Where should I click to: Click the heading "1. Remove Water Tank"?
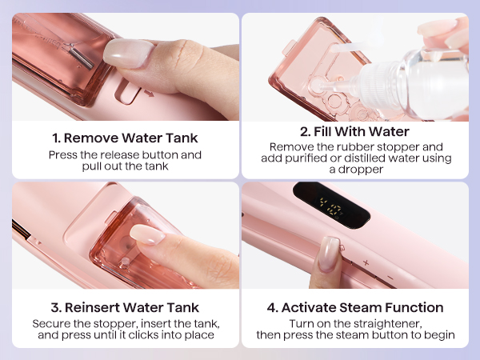(125, 138)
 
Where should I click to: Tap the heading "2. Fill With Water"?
(354, 132)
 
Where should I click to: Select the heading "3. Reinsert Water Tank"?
(125, 307)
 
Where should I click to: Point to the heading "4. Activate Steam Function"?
(355, 307)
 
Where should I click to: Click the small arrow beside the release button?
(150, 93)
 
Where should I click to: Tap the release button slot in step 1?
(128, 91)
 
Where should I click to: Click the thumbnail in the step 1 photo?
(128, 54)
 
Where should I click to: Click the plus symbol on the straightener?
(366, 262)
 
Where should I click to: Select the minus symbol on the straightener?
(390, 278)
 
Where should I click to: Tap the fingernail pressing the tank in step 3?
(147, 234)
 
